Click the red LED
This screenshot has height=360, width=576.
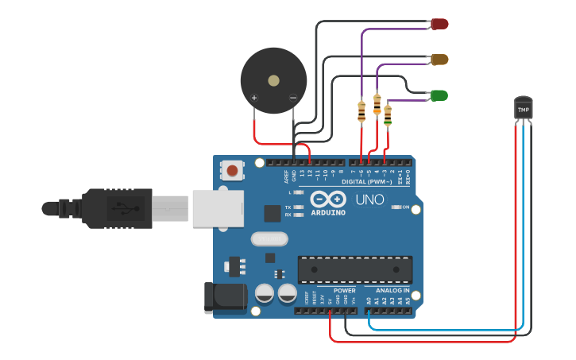tap(439, 24)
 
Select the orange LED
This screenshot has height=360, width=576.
tap(439, 60)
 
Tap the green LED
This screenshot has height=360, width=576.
tap(439, 95)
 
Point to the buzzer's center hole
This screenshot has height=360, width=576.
tap(273, 80)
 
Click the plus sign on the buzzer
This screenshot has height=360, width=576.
tap(254, 99)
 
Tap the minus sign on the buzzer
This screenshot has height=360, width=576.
tap(292, 99)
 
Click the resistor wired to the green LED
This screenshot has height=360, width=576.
tap(387, 115)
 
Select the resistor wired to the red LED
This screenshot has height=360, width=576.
tap(361, 111)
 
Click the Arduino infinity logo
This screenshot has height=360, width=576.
tap(328, 199)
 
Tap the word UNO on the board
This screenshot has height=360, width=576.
tap(369, 199)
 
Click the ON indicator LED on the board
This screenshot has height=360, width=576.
tap(396, 207)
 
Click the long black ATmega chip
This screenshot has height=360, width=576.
tap(354, 269)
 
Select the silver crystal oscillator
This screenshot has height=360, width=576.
tap(269, 238)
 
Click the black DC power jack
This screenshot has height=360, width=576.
tap(225, 296)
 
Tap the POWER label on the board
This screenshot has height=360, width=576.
tap(345, 291)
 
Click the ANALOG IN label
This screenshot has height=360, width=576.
tap(392, 291)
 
